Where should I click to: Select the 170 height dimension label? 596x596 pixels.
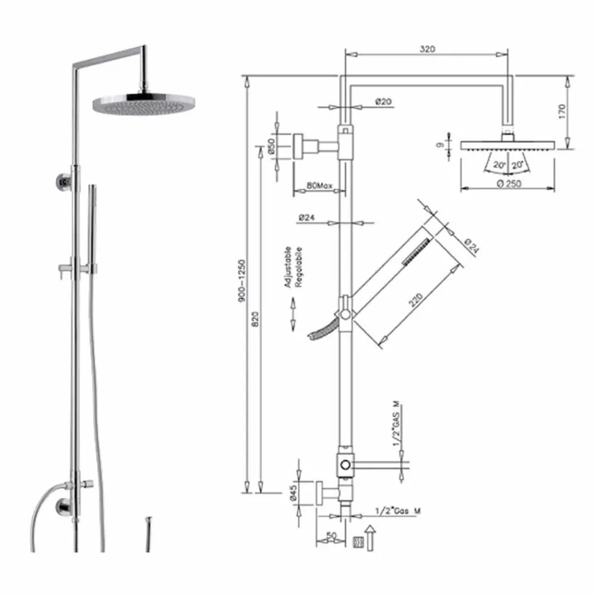562,111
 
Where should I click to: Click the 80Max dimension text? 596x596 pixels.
319,186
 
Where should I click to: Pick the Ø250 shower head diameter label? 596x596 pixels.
509,183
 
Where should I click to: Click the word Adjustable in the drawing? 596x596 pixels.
288,267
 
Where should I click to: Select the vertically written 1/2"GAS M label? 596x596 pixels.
396,424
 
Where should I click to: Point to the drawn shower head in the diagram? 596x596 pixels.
508,145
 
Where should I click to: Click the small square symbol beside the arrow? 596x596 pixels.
357,541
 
